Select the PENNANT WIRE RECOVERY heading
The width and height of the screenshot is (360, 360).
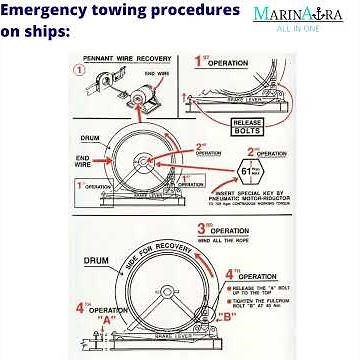click(126, 59)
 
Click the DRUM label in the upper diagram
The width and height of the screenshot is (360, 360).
click(88, 141)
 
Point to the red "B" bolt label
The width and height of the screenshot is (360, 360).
click(226, 316)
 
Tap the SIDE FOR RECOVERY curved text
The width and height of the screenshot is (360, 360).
click(137, 255)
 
